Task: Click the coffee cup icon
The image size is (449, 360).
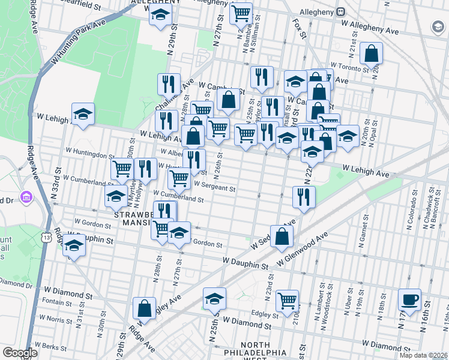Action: [409, 299]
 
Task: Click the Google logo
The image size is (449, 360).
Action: [20, 353]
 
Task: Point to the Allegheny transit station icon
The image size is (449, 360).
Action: [340, 11]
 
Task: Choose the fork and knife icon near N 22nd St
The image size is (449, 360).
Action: [304, 197]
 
